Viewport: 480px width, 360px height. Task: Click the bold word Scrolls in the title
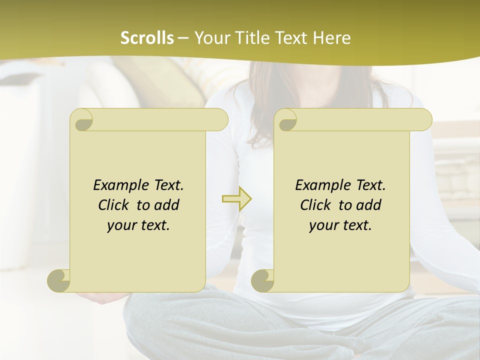[147, 38]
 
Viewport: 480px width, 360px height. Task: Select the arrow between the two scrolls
[236, 199]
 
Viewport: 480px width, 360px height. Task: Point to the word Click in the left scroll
[115, 205]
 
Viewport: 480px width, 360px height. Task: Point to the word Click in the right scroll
[317, 205]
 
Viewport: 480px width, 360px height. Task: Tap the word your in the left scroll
[121, 226]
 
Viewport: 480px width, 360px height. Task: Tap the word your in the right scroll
[323, 226]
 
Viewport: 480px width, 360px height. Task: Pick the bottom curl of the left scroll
[58, 280]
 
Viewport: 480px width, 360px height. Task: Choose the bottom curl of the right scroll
[262, 280]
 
